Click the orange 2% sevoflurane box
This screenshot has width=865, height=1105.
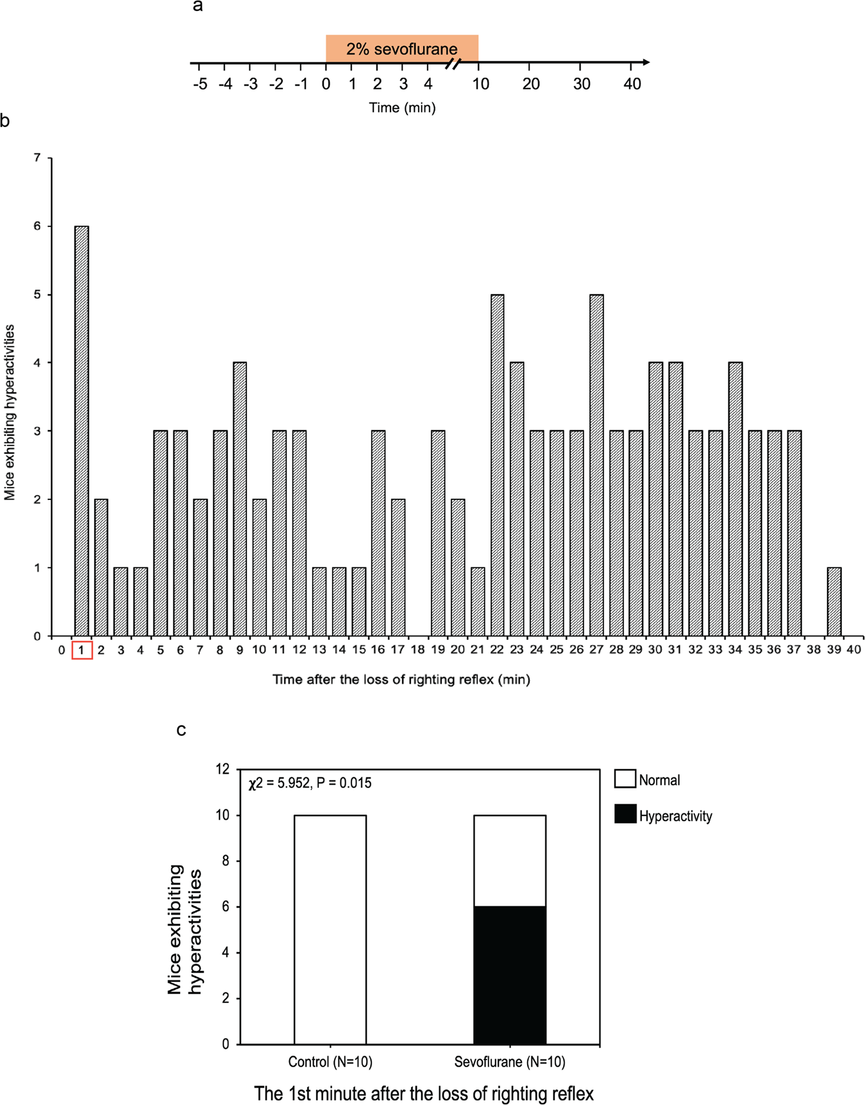(401, 49)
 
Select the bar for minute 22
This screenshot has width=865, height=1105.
(497, 465)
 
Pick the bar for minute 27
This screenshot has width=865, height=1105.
(596, 465)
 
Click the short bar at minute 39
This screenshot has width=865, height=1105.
(834, 601)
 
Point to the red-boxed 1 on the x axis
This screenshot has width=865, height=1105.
(81, 650)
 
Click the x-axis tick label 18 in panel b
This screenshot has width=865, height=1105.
(417, 650)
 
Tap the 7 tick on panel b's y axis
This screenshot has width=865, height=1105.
(37, 158)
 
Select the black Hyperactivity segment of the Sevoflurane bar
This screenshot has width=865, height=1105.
(510, 975)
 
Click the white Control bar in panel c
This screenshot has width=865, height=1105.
(330, 929)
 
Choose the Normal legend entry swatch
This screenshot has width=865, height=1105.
(625, 779)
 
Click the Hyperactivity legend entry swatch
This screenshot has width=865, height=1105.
(625, 815)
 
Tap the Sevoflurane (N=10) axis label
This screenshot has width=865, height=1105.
(510, 1062)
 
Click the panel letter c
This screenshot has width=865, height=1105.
(181, 730)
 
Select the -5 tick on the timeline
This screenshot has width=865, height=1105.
(200, 84)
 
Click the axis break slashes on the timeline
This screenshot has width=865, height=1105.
(453, 63)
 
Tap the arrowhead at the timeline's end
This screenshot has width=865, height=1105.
(646, 62)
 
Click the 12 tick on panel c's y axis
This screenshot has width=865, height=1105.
(223, 769)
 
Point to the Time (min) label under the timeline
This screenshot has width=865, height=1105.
(402, 108)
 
